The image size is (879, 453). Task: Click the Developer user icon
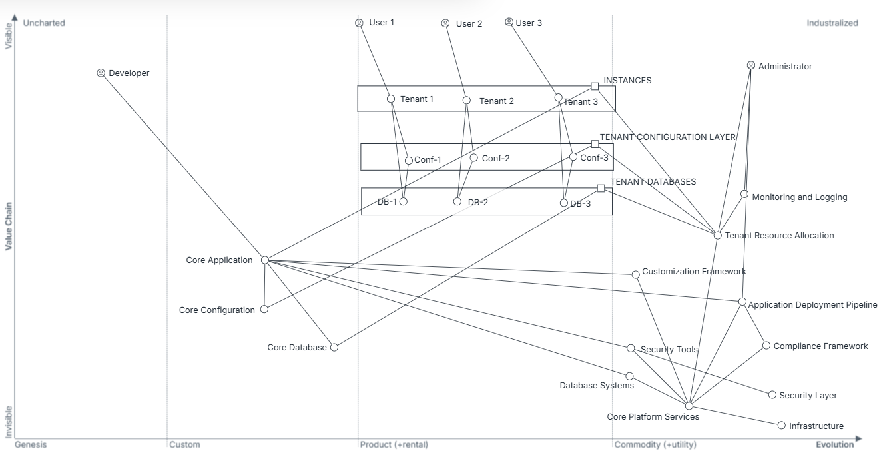click(x=101, y=73)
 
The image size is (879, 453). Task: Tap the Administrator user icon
click(x=751, y=65)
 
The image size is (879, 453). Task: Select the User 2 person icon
click(x=445, y=23)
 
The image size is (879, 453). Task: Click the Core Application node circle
click(x=264, y=260)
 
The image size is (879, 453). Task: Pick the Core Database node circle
click(x=334, y=347)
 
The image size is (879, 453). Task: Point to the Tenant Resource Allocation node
click(x=718, y=235)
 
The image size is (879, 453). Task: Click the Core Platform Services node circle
click(x=689, y=406)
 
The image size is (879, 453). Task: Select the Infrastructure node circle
click(x=782, y=425)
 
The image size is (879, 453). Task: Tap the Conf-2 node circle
click(x=474, y=158)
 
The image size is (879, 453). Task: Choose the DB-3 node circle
click(x=564, y=203)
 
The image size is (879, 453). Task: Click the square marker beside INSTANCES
click(x=595, y=86)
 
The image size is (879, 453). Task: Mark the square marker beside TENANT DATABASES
click(x=601, y=188)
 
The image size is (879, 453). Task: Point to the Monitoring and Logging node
click(x=744, y=194)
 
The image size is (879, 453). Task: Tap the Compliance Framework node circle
click(x=766, y=345)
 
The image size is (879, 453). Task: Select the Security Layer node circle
click(x=772, y=394)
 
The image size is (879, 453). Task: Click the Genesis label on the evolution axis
click(x=31, y=444)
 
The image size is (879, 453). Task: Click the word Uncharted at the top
click(x=44, y=23)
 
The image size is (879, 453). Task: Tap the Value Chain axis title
click(x=9, y=226)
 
